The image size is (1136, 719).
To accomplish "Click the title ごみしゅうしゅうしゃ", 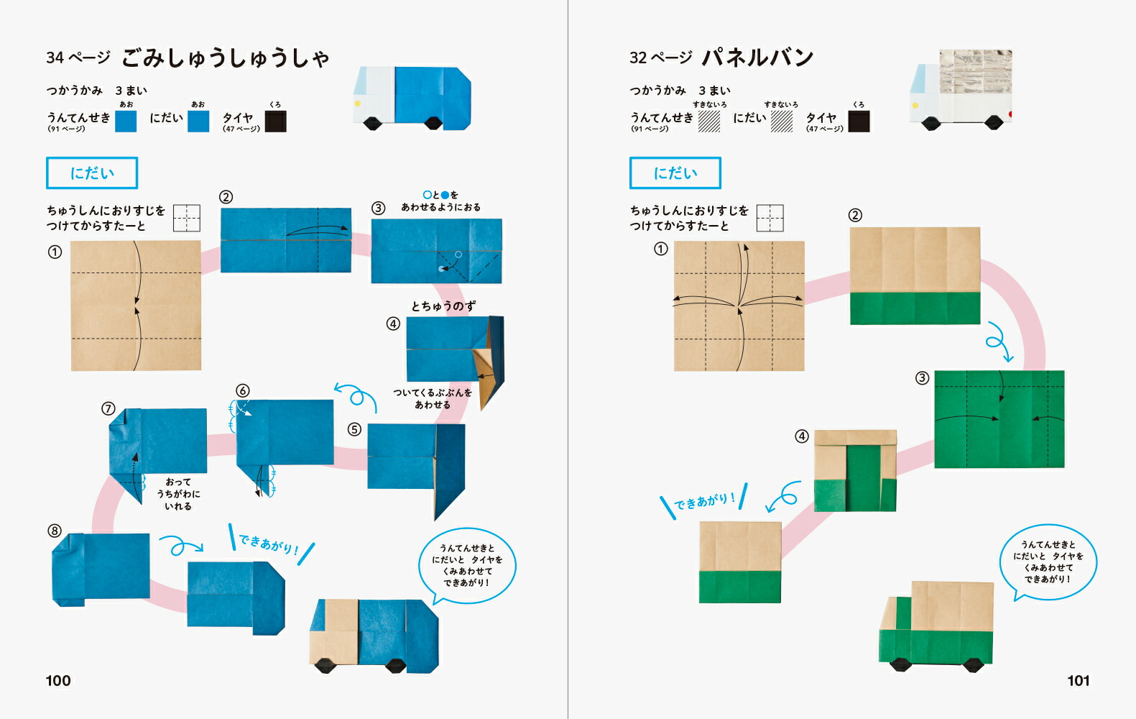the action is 226,58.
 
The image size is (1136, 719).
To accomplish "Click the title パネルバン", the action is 757,58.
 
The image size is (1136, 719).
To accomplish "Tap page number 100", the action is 58,680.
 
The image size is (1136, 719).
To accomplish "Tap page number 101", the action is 1079,680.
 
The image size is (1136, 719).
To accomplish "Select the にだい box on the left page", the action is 92,173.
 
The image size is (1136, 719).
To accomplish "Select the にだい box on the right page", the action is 675,173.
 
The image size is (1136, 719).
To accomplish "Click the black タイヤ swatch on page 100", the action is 276,122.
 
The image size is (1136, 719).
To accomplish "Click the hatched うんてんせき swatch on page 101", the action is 709,122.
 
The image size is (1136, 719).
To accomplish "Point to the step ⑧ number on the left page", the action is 55,531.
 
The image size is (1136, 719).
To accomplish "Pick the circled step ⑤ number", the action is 354,430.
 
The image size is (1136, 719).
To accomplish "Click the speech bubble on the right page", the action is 1048,562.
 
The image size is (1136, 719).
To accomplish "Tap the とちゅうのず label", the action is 443,306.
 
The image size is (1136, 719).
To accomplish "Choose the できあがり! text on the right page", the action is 704,501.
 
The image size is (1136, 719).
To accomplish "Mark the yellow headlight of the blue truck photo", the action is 358,104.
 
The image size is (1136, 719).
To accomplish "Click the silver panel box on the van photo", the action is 976,72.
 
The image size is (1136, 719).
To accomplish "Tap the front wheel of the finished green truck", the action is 901,664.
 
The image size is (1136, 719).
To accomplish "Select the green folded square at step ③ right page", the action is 999,419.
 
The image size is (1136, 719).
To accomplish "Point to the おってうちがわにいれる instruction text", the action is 178,494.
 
